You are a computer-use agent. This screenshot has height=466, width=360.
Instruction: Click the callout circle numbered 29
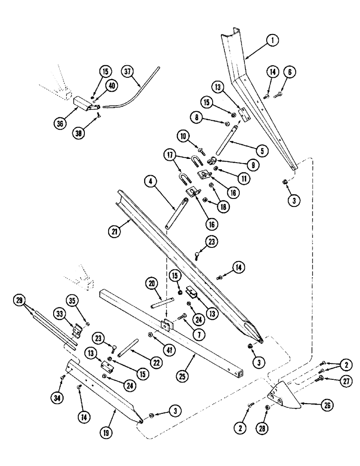click(x=19, y=302)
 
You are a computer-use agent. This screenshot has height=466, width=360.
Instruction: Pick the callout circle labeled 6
click(x=291, y=71)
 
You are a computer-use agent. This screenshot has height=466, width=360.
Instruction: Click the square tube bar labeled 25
click(x=196, y=340)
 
